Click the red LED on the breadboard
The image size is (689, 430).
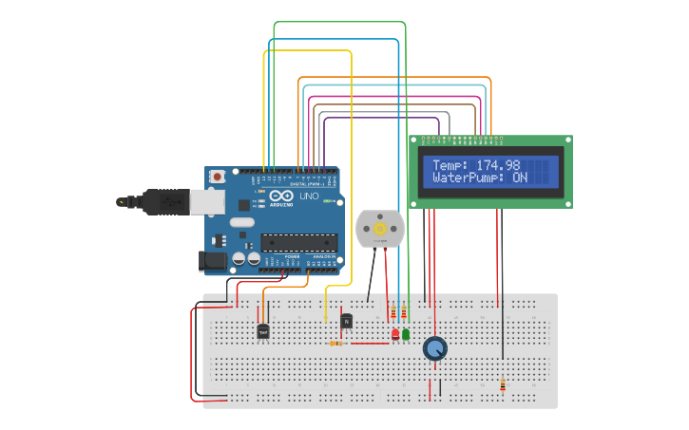pyautogui.click(x=395, y=334)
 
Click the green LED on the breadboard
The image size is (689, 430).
pyautogui.click(x=406, y=334)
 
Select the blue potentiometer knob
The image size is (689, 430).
pyautogui.click(x=434, y=349)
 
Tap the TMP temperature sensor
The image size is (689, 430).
pyautogui.click(x=263, y=331)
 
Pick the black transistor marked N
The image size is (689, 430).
pyautogui.click(x=347, y=322)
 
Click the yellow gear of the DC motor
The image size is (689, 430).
pyautogui.click(x=380, y=229)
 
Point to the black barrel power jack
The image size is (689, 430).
pyautogui.click(x=210, y=259)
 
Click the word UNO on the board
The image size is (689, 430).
pyautogui.click(x=309, y=196)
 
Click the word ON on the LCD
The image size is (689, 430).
pyautogui.click(x=520, y=178)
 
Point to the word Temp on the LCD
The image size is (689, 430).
pyautogui.click(x=450, y=165)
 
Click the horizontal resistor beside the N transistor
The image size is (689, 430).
pyautogui.click(x=335, y=344)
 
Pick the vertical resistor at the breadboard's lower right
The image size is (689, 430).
pyautogui.click(x=503, y=384)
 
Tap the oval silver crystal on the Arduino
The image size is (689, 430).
pyautogui.click(x=242, y=223)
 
